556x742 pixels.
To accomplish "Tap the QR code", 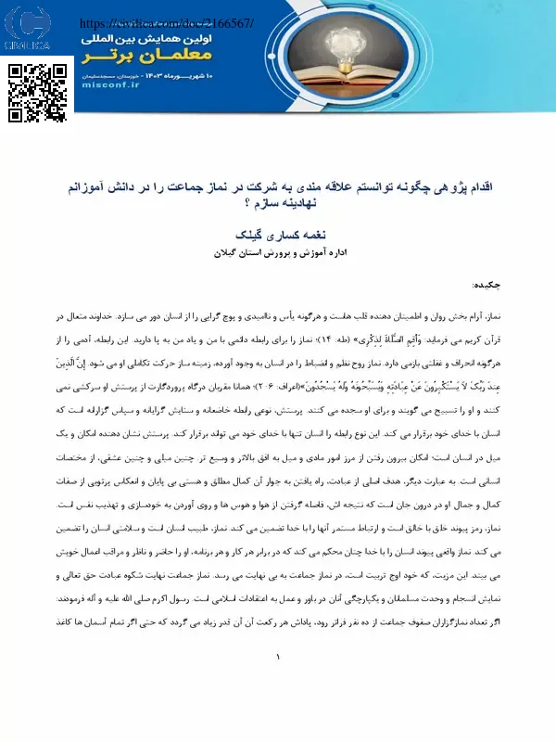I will pos(38,92).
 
